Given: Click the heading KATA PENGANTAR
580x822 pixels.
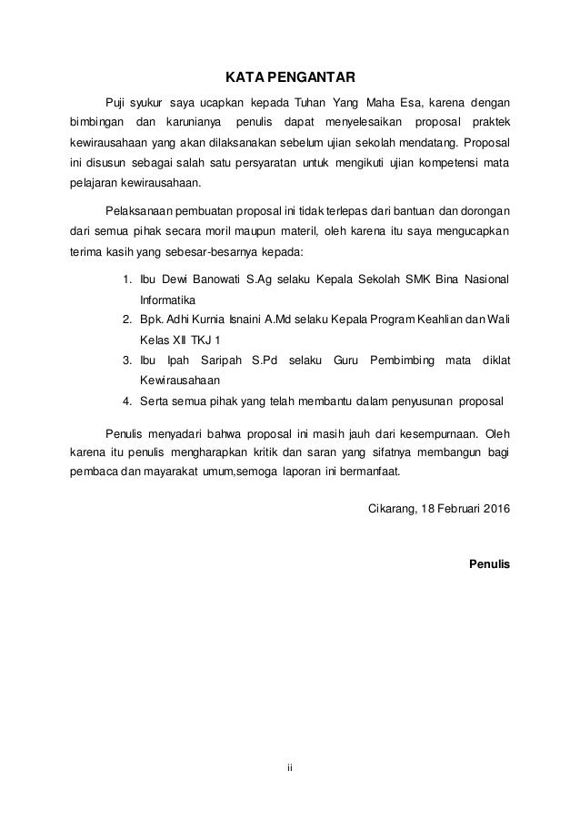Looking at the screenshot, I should click(x=290, y=75).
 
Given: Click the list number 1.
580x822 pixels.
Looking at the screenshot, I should click(x=126, y=279).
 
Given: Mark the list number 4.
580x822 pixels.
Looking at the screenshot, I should click(x=126, y=400).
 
